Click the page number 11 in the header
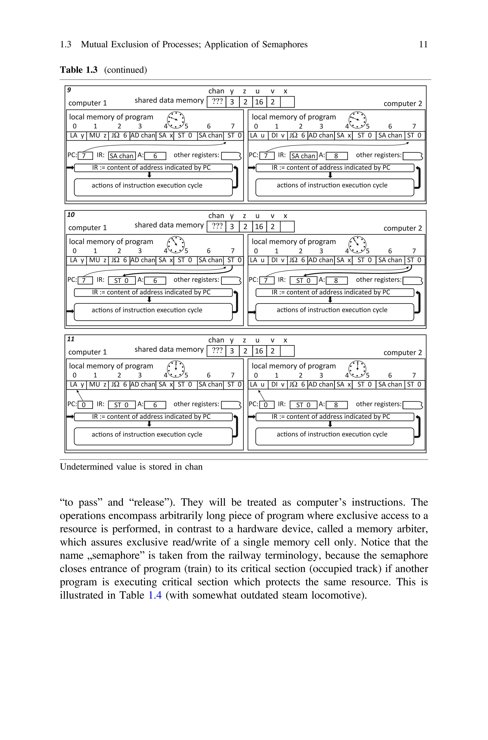pyautogui.click(x=423, y=45)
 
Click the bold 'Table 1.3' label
pyautogui.click(x=78, y=70)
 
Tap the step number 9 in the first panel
pyautogui.click(x=69, y=90)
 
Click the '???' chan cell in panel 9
pyautogui.click(x=217, y=102)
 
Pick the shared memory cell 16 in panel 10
pyautogui.click(x=259, y=227)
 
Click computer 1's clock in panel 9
pyautogui.click(x=176, y=120)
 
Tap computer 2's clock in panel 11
pyautogui.click(x=357, y=369)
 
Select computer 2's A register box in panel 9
pyautogui.click(x=336, y=156)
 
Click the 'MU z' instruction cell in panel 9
pyautogui.click(x=97, y=136)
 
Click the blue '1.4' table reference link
pyautogui.click(x=155, y=595)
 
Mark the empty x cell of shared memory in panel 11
pyautogui.click(x=287, y=351)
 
